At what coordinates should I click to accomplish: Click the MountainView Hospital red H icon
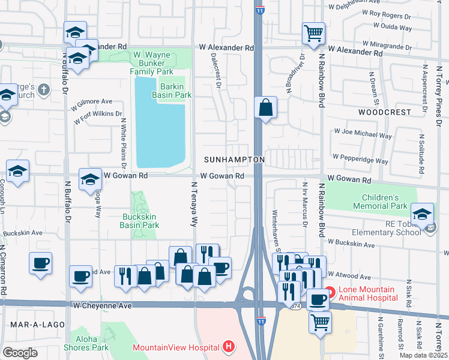(228, 346)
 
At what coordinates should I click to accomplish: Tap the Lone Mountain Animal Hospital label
(367, 293)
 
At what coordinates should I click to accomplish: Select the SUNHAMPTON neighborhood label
(234, 160)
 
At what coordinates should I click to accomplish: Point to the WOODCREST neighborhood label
(385, 112)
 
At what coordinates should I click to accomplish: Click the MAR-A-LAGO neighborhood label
(29, 324)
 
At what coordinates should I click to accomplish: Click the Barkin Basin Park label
(175, 91)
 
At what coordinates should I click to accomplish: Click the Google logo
(20, 352)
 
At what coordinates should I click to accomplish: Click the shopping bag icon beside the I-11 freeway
(265, 108)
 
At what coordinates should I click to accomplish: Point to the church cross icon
(43, 90)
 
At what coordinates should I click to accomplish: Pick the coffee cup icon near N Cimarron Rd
(40, 263)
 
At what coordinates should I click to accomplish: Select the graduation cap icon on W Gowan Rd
(90, 179)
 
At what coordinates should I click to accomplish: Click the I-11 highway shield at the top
(259, 11)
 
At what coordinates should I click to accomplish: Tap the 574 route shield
(295, 306)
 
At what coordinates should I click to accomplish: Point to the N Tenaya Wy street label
(194, 204)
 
